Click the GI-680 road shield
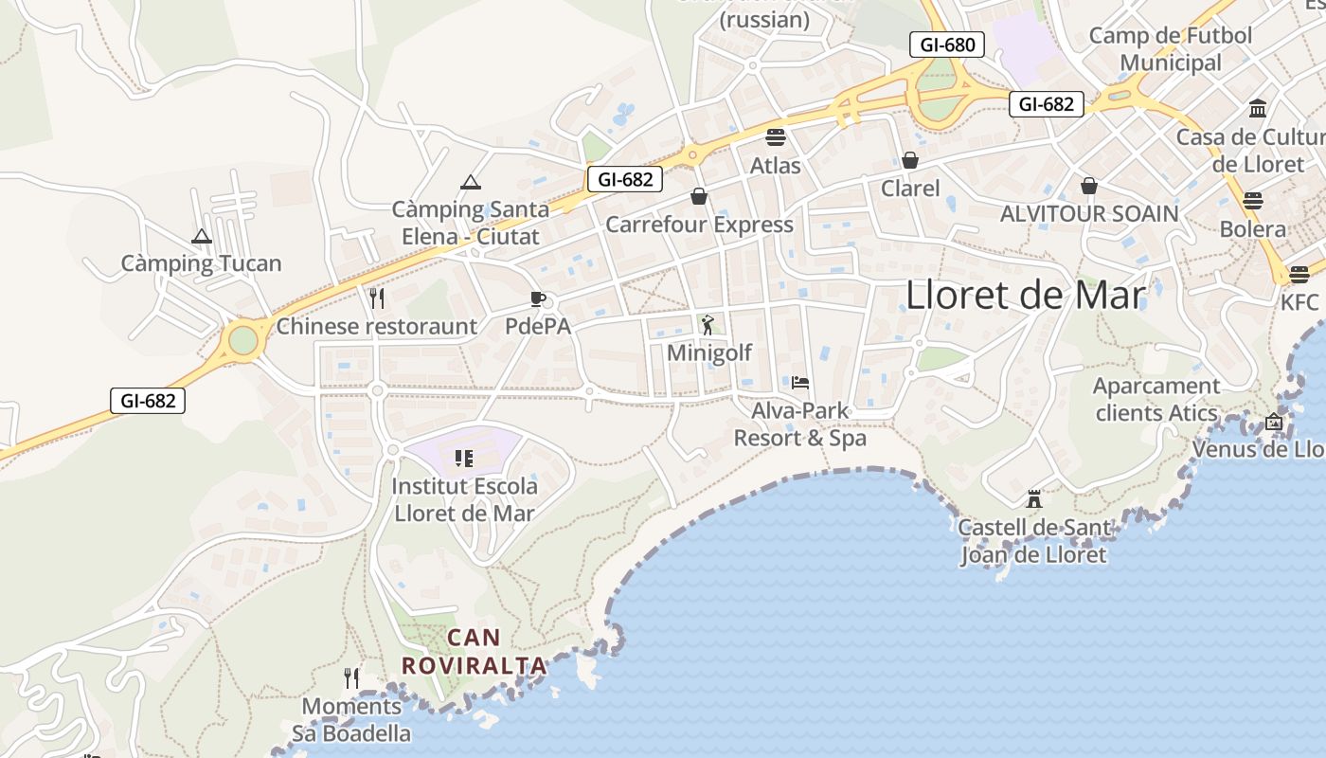coord(947,45)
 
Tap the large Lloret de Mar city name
coord(1026,296)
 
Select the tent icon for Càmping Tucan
coord(202,236)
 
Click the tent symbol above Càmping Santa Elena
coord(471,182)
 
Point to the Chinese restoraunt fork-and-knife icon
coord(377,298)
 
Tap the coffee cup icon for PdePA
coord(538,299)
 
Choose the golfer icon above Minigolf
coord(708,326)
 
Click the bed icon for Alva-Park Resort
coord(800,383)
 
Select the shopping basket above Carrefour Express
coord(699,196)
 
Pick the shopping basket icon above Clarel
coord(910,160)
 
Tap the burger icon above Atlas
coord(776,136)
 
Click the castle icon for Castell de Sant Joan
coord(1034,498)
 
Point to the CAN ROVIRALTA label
coord(475,652)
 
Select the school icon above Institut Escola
coord(464,459)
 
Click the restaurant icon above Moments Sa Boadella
coord(351,678)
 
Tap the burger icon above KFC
coord(1299,274)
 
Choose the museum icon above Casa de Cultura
coord(1258,108)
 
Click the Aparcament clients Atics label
coord(1156,400)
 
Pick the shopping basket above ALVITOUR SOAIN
coord(1089,185)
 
